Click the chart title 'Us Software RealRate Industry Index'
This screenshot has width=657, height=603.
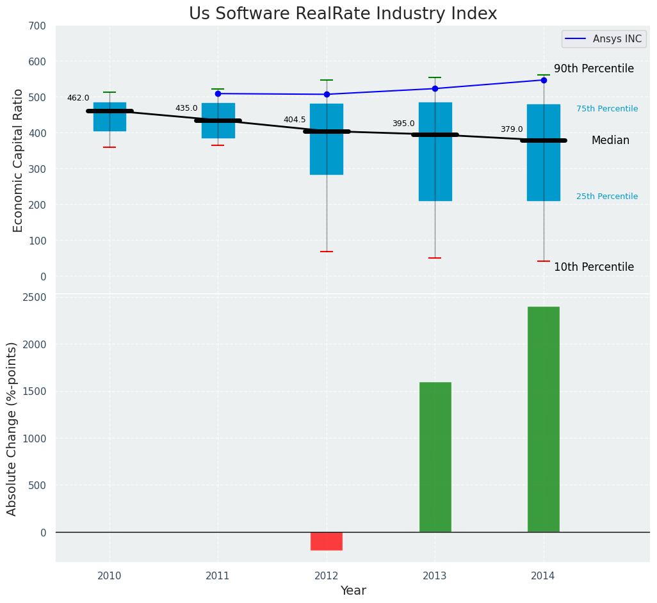[343, 14]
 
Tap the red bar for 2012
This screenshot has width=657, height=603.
[327, 541]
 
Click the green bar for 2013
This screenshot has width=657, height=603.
[435, 457]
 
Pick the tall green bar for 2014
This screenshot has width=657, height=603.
[544, 419]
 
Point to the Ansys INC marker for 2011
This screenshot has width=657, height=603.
[218, 93]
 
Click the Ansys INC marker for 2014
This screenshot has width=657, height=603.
[544, 80]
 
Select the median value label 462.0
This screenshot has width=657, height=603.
[78, 98]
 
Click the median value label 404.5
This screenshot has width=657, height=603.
[295, 120]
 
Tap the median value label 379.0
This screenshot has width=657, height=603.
[512, 129]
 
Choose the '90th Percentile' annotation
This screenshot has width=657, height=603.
[594, 68]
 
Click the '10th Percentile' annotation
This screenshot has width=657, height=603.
[594, 267]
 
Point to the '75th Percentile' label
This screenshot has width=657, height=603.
[607, 109]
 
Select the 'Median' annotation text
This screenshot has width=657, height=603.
[610, 140]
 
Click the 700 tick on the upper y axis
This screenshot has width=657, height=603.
[37, 26]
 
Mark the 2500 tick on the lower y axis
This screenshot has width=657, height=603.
[34, 297]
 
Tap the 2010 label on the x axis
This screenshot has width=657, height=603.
[109, 576]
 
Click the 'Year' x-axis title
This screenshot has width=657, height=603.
[353, 591]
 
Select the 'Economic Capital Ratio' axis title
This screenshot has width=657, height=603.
[19, 160]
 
